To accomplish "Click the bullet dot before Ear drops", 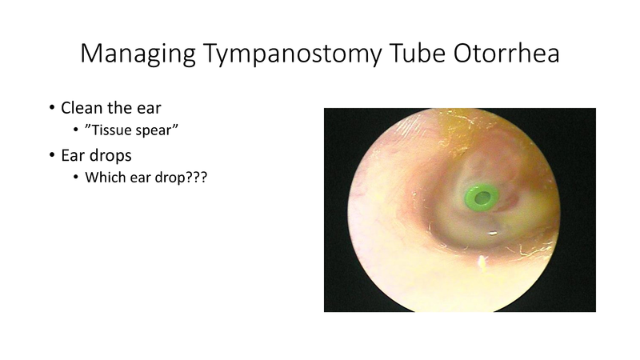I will (52, 154).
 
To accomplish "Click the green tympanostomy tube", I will (480, 196).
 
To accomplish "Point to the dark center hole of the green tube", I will (481, 196).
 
